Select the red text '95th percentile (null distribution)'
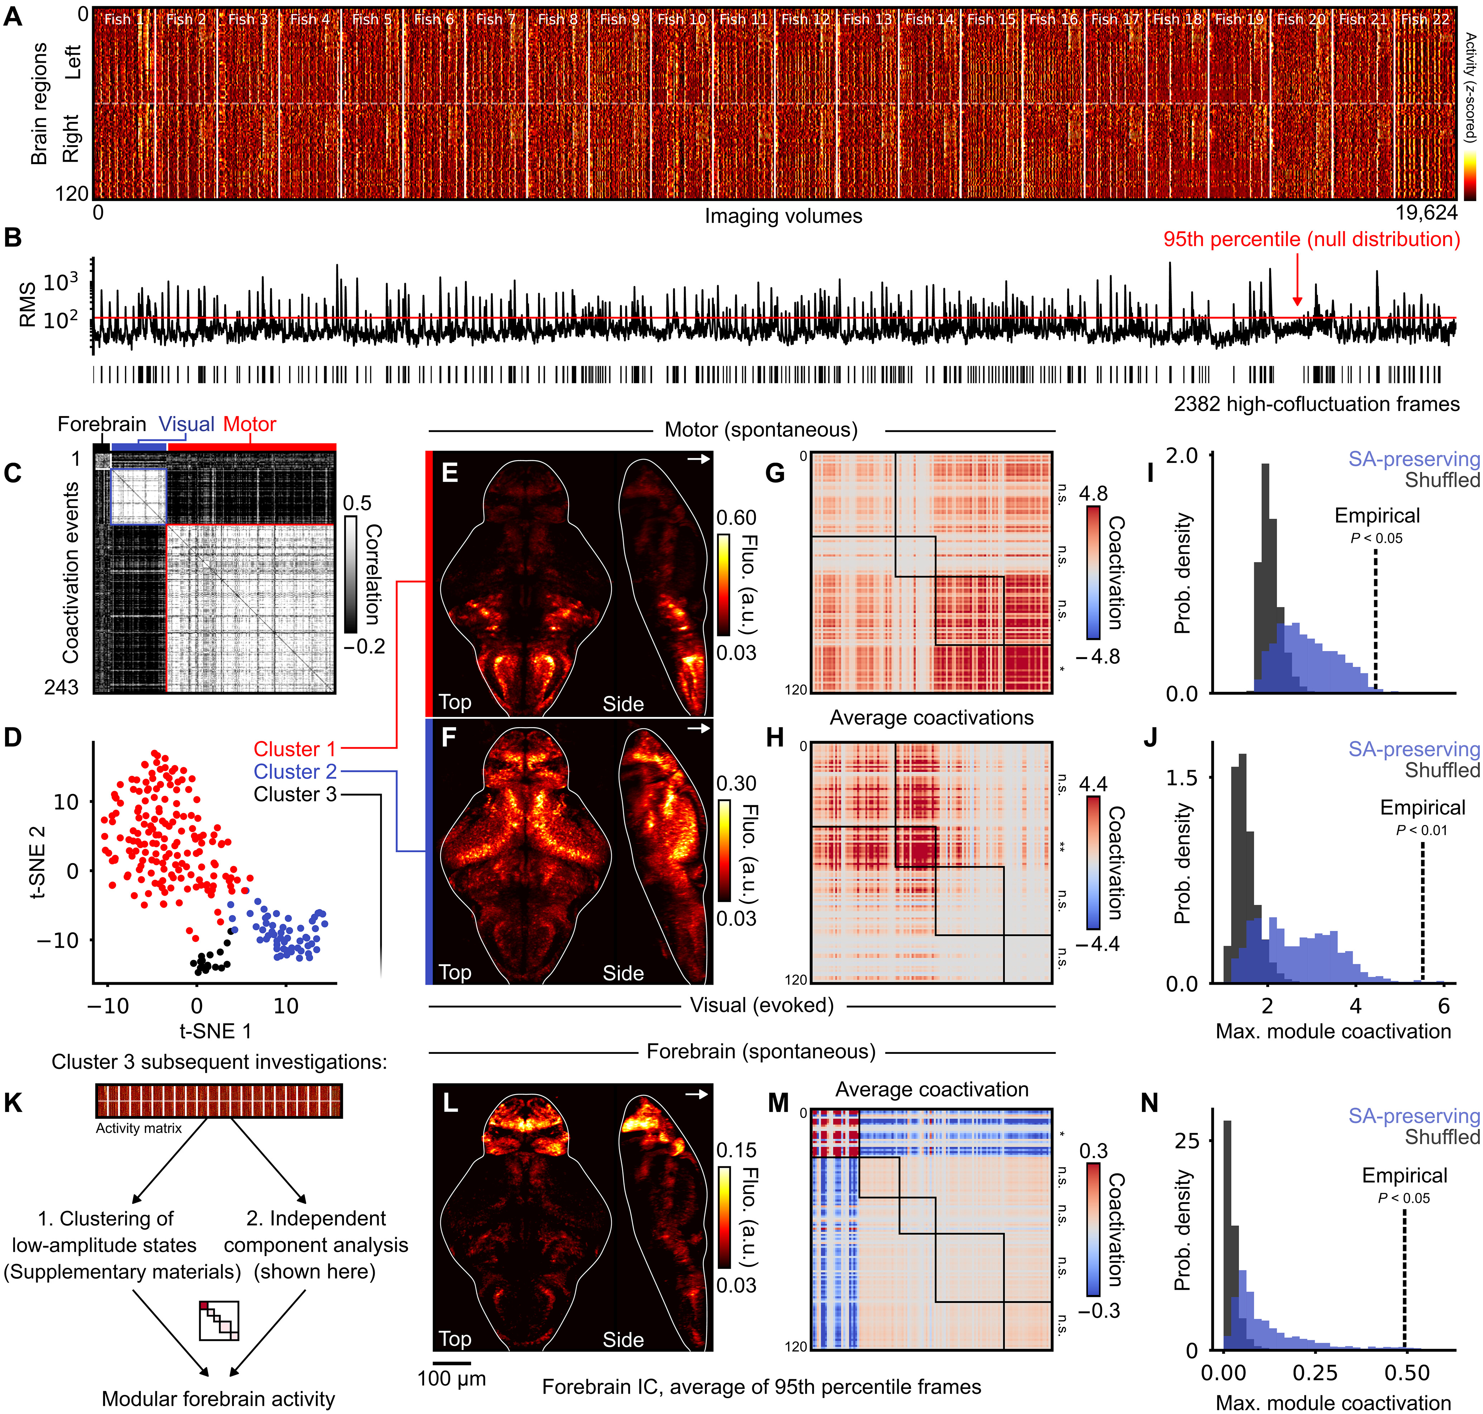click(x=1311, y=240)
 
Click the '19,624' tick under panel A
click(x=1426, y=213)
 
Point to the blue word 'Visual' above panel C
click(x=186, y=424)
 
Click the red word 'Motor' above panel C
click(x=249, y=424)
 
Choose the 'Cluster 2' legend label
click(x=295, y=772)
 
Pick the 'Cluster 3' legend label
click(x=295, y=794)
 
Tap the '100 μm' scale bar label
click(x=451, y=1379)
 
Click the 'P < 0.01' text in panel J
click(x=1421, y=830)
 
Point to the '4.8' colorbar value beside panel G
click(x=1093, y=494)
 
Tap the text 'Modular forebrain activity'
click(x=219, y=1399)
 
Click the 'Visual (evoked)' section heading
click(x=762, y=1005)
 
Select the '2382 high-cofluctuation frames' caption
click(x=1316, y=405)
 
